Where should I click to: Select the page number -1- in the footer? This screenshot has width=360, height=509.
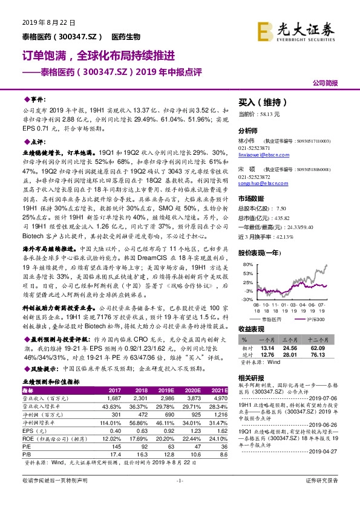179,497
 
